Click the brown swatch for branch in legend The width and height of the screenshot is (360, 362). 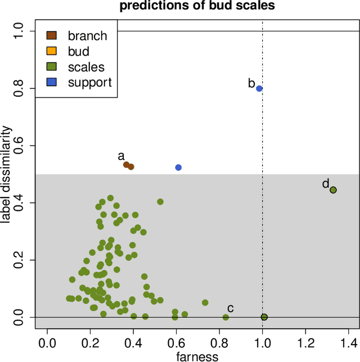51,35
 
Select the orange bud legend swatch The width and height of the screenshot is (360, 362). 51,51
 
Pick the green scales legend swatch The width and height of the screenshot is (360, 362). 51,67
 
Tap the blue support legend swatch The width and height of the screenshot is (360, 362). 51,82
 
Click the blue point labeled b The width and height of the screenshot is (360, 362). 259,88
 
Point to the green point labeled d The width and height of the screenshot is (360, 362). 333,190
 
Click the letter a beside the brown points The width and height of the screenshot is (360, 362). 120,156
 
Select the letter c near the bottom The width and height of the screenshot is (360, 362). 230,308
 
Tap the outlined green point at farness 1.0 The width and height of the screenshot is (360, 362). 264,317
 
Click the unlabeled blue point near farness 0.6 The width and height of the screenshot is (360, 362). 178,167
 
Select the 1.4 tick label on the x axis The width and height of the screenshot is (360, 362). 349,341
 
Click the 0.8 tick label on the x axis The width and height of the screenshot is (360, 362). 220,341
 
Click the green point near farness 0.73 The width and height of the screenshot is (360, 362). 205,302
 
